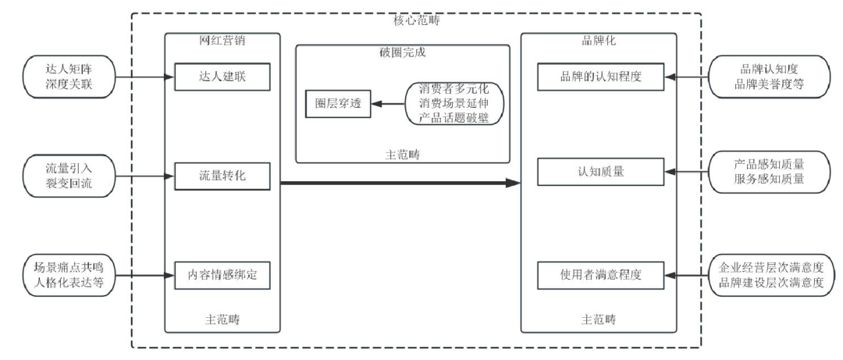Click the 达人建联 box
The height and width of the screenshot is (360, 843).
[222, 76]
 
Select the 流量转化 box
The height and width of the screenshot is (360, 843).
[222, 176]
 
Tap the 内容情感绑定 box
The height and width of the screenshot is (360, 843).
[222, 275]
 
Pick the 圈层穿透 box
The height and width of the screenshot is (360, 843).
[333, 103]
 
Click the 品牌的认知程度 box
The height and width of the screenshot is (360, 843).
[600, 76]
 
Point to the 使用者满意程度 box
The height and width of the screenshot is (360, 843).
[600, 275]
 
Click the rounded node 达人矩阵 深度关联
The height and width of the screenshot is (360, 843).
[69, 76]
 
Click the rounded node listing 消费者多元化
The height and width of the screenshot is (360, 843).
[454, 103]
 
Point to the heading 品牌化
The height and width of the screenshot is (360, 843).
[599, 40]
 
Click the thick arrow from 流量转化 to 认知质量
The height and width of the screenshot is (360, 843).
[398, 184]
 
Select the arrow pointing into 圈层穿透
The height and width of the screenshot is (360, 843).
[386, 103]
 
